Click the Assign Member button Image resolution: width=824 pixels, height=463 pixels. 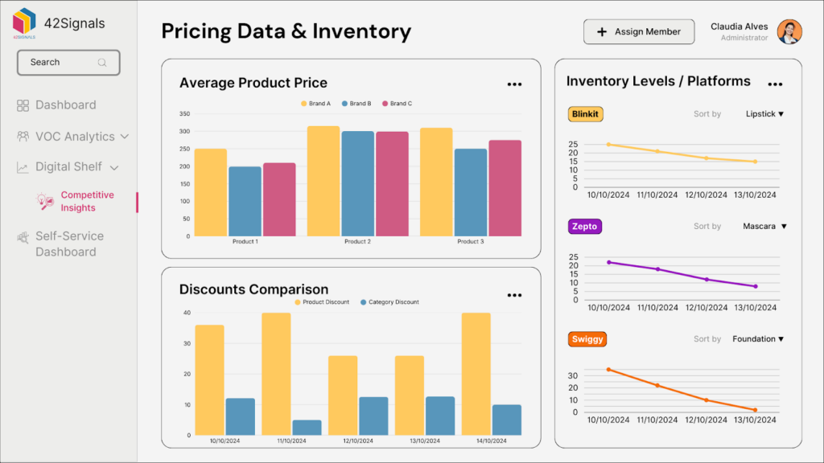638,32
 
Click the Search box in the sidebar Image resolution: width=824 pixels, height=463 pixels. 68,63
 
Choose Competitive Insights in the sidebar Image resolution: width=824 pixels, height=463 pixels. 87,202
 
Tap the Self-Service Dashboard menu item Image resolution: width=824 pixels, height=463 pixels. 68,244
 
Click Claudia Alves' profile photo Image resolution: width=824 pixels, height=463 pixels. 789,32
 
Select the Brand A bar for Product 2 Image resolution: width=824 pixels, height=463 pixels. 323,181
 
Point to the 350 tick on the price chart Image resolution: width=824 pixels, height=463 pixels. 184,114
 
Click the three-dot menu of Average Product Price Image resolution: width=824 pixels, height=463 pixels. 514,84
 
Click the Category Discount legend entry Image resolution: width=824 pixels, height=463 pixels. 389,302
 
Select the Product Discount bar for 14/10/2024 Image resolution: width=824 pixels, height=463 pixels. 476,374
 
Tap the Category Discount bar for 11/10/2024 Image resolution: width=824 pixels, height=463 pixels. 307,427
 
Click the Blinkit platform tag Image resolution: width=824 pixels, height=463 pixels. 585,114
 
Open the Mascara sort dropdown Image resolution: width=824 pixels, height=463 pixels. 764,227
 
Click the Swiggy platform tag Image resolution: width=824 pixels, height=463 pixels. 586,339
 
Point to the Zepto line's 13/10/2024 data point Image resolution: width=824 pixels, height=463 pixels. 756,286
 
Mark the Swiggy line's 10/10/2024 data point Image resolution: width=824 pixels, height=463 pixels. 608,370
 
